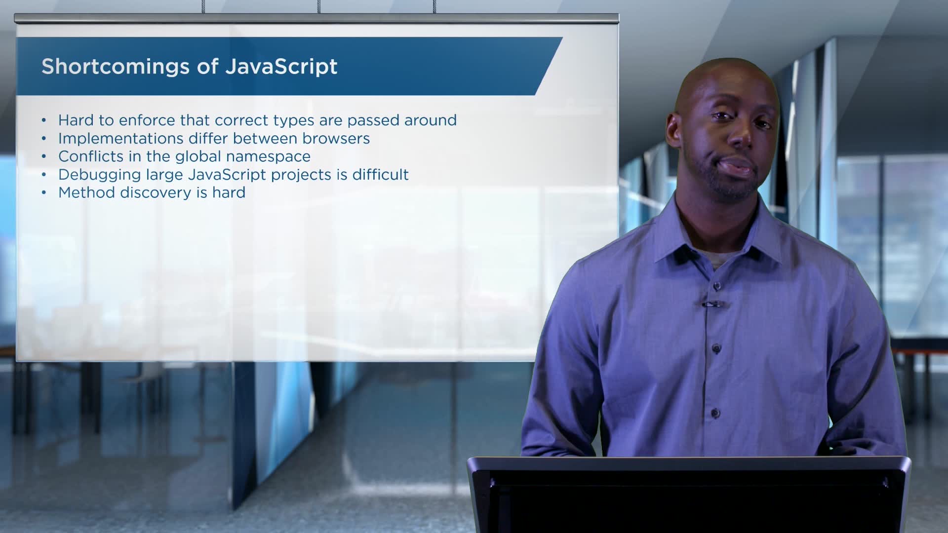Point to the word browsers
[x=336, y=139]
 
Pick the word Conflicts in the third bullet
[x=91, y=156]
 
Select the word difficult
[x=380, y=175]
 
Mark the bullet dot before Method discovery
[x=44, y=193]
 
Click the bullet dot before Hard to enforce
[x=44, y=120]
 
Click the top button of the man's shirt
[x=716, y=286]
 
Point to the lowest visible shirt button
[x=714, y=413]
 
